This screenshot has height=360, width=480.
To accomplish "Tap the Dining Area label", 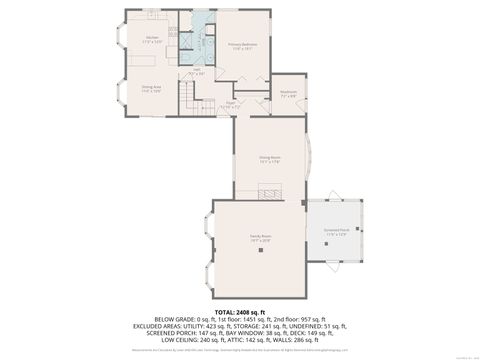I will click(x=151, y=89).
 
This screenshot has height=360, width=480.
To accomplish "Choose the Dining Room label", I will click(x=269, y=159).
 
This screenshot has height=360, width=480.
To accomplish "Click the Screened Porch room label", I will click(x=336, y=231).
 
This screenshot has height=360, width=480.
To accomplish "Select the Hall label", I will click(x=197, y=72).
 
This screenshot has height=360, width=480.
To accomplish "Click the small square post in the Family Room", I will click(x=301, y=203).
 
